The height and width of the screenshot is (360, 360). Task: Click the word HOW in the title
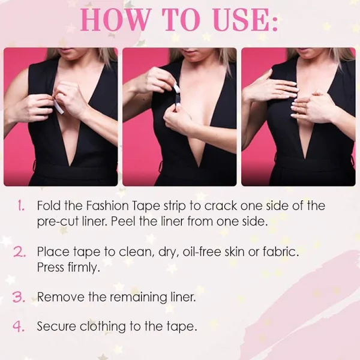115,20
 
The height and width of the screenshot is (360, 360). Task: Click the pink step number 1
21,205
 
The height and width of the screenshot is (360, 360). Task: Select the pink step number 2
20,252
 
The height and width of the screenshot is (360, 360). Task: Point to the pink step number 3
19,297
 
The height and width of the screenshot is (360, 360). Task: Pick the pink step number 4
19,326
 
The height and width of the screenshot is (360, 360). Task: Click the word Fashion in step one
107,205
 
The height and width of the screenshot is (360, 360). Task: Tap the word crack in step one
221,206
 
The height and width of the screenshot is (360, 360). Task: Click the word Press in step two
51,267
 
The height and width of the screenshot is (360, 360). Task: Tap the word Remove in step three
61,297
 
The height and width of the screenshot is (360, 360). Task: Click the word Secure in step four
56,326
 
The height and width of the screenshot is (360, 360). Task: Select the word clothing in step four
103,327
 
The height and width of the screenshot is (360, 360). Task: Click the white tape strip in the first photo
59,107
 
